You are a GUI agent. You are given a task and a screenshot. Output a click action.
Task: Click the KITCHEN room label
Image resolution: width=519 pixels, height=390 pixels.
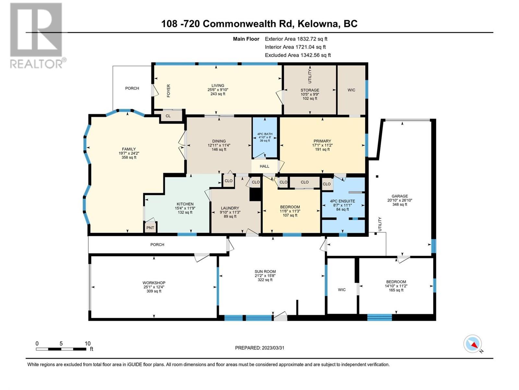pos(185,204)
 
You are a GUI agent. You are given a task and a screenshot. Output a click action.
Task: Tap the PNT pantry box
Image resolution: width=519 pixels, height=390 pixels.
pos(150,228)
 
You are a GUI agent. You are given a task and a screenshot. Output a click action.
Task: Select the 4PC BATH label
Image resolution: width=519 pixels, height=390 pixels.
pos(265,134)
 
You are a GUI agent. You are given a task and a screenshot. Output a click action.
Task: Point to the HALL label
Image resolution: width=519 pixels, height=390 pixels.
pos(264,166)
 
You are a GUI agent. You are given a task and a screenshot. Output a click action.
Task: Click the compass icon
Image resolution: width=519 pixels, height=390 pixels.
pos(473,344)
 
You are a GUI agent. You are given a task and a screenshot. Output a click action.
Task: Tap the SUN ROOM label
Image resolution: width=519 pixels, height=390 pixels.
pos(265,272)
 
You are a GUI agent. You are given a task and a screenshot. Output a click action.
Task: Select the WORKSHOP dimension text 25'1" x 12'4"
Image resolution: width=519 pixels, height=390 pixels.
pos(154,287)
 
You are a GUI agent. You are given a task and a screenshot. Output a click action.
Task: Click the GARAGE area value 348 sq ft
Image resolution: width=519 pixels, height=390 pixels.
pos(400,204)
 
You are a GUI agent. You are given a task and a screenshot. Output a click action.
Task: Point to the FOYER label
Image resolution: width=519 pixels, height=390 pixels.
pos(168,91)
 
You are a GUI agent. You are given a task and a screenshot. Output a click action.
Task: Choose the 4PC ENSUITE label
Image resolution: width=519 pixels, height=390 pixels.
pos(342,201)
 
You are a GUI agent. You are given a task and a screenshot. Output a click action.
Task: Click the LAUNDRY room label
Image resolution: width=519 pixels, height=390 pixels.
pos(230,208)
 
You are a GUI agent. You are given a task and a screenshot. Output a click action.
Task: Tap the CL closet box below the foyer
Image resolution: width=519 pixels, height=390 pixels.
pos(168,116)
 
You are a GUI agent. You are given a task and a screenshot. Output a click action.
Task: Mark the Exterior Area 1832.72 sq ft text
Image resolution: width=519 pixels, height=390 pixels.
pos(296,39)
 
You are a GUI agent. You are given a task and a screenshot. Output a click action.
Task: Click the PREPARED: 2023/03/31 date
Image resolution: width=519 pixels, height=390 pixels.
pos(259,348)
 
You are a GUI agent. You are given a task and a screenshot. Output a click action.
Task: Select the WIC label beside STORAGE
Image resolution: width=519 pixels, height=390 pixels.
pos(351,90)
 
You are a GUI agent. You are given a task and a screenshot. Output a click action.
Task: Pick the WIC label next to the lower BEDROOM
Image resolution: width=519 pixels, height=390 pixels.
pos(342,290)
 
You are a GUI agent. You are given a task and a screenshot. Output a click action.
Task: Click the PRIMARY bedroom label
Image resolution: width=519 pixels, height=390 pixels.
pos(322,141)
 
